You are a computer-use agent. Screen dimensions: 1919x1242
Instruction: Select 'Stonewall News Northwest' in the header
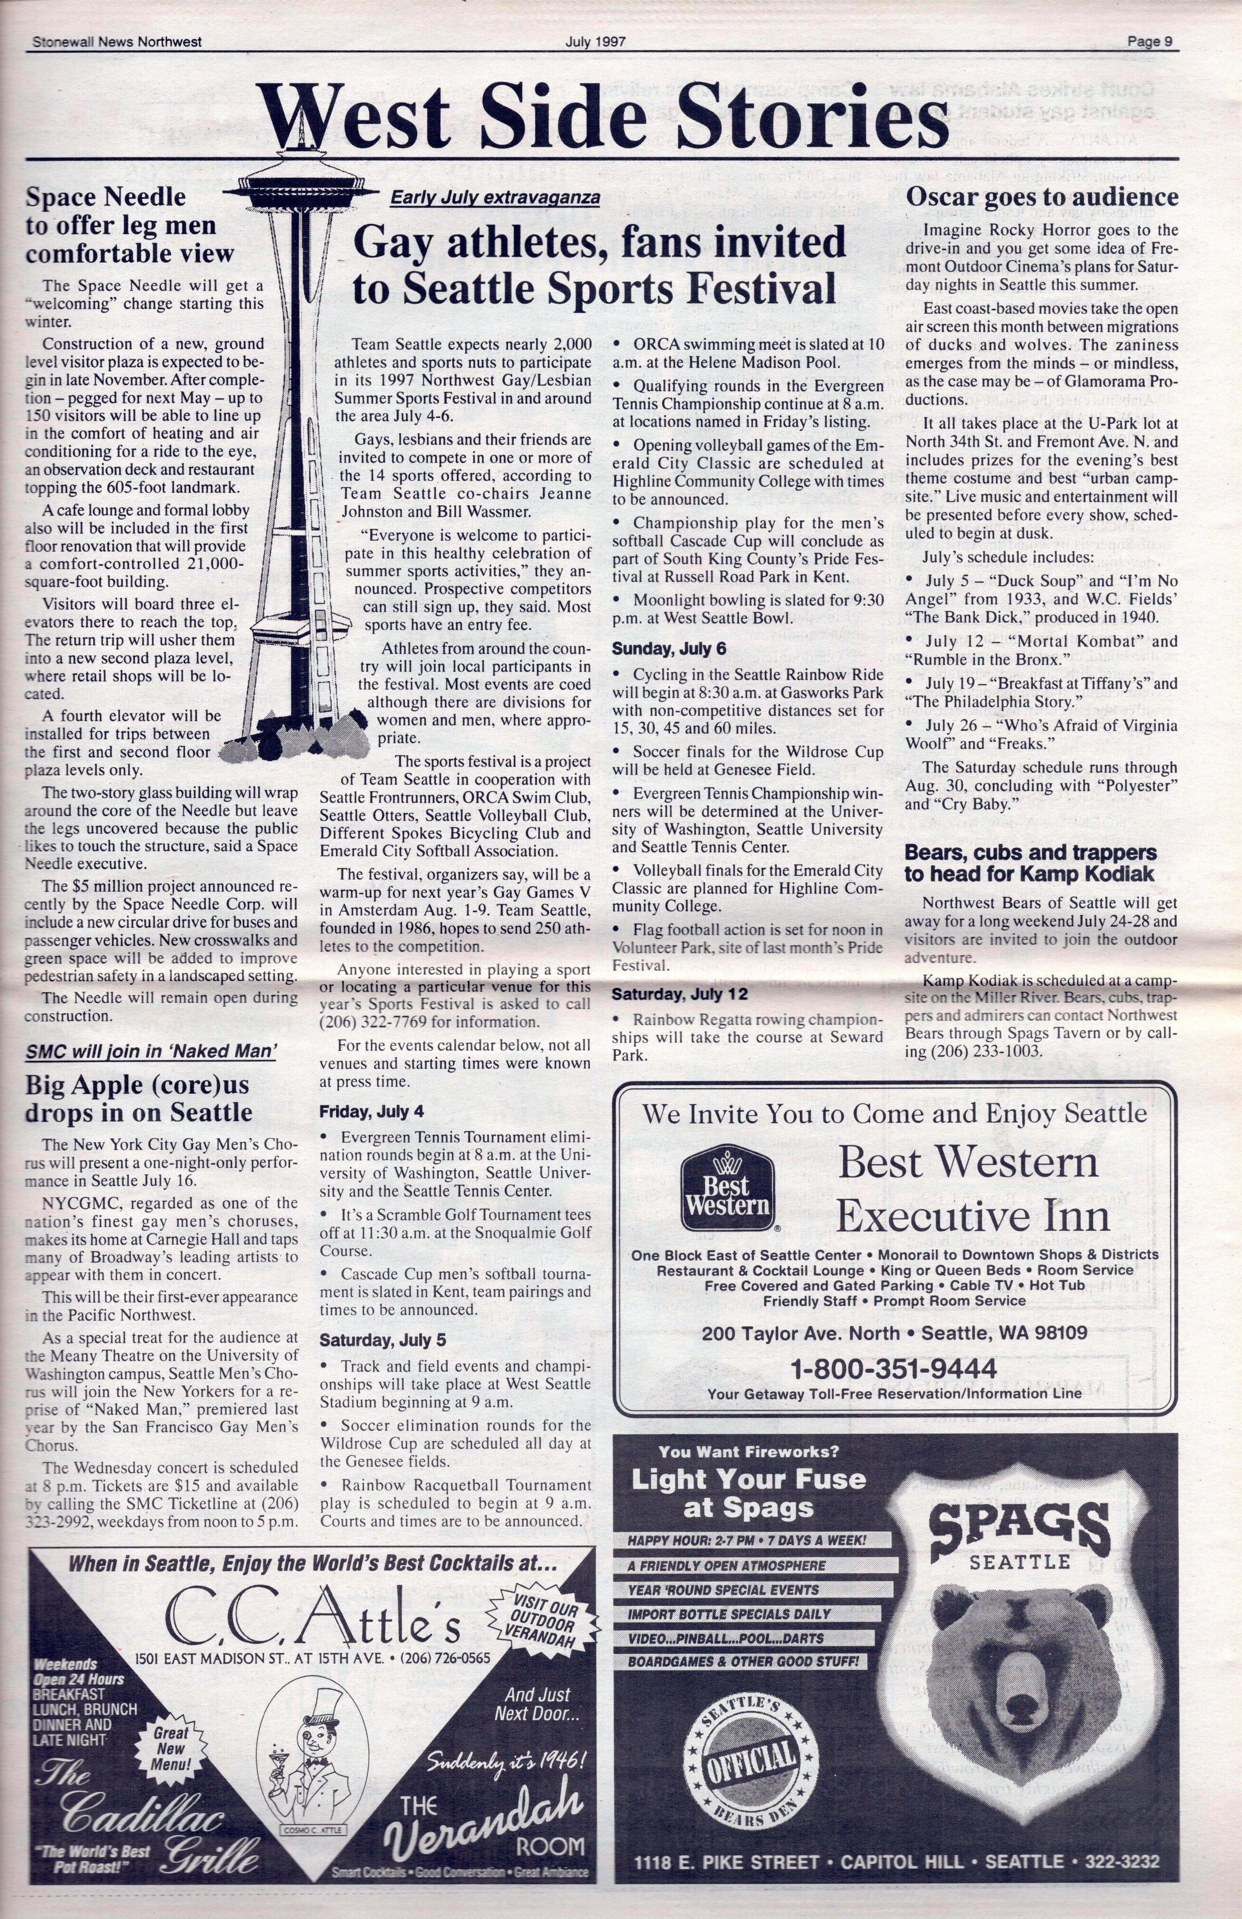tap(117, 42)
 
